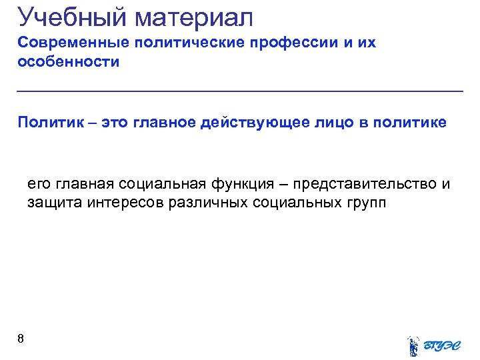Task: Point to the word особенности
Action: pos(69,63)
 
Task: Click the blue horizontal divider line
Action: pos(240,91)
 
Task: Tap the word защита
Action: pos(54,203)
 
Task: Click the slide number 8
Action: pos(21,339)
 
